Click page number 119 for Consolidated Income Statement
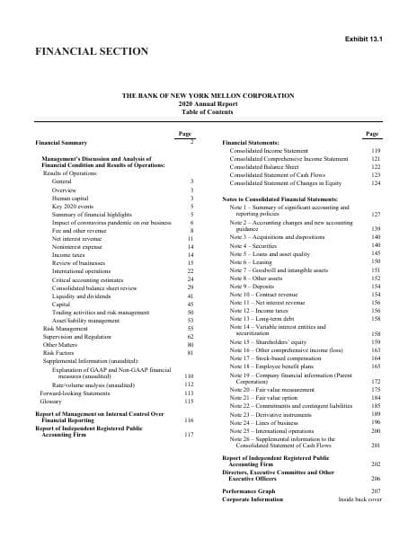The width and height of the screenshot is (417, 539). coord(377,151)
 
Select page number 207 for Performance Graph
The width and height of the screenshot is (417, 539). coord(377,490)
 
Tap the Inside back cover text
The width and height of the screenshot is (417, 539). coord(359,499)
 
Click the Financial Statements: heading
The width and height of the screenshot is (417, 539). coord(251,143)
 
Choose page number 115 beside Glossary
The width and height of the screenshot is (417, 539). coord(189,400)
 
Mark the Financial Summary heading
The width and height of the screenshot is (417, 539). coord(60,143)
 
